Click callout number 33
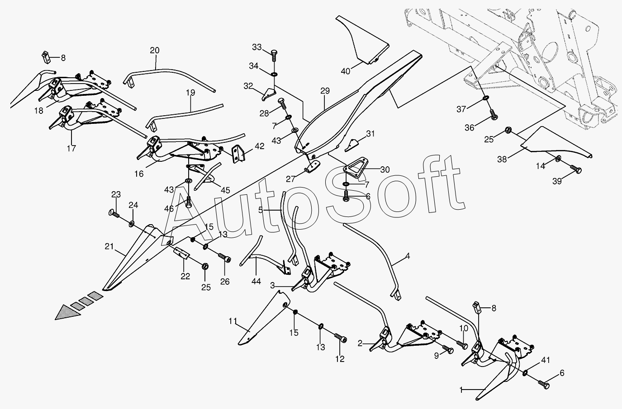click(x=257, y=47)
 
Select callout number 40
click(x=346, y=71)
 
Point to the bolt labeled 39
click(x=575, y=169)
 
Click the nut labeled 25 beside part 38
click(x=508, y=130)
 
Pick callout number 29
click(x=325, y=91)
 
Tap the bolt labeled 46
click(x=189, y=201)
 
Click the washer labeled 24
click(x=131, y=223)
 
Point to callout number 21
click(x=109, y=246)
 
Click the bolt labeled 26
click(x=225, y=258)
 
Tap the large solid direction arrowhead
click(x=68, y=312)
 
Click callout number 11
click(x=233, y=321)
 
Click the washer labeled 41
click(x=525, y=373)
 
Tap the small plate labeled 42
click(x=238, y=154)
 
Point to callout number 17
click(x=71, y=148)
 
